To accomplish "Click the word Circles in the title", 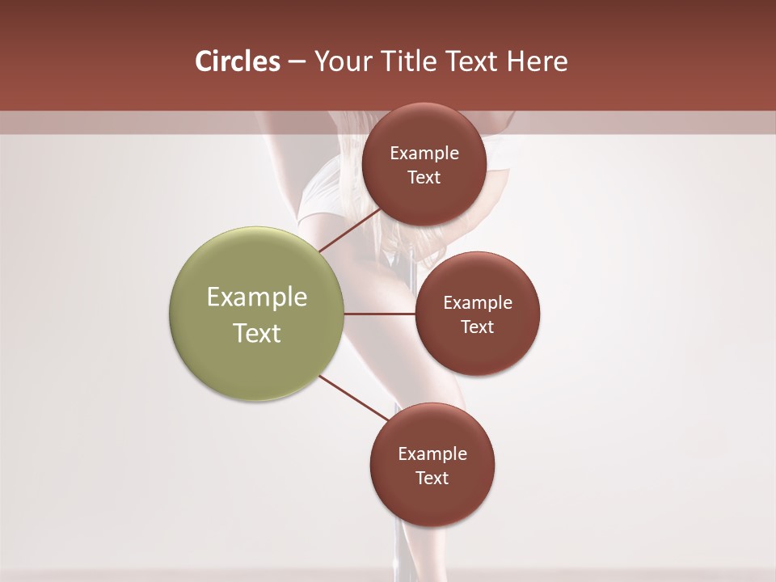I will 237,61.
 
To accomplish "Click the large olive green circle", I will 257,314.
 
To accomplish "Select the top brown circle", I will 424,164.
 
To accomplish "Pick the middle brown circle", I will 478,314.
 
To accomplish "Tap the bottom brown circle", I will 432,465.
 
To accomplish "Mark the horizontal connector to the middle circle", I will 380,314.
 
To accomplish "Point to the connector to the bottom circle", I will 353,398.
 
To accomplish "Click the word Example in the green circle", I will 257,297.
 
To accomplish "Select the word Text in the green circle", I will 257,333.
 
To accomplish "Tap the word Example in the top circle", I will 424,154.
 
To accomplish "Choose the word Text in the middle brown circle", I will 478,327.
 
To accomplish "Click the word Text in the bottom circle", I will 432,478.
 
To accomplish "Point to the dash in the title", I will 296,61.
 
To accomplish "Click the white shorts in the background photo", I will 319,198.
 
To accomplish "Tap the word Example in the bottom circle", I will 432,453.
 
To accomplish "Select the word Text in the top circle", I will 424,177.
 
